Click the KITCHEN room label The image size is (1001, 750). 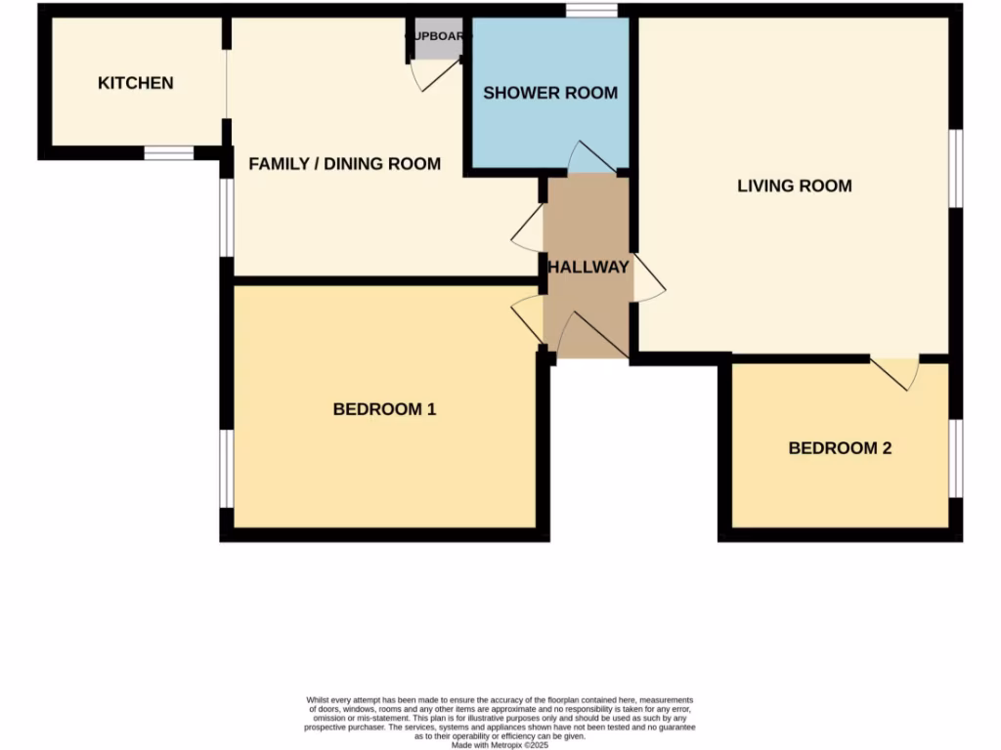coord(136,83)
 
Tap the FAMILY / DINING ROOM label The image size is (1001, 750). coord(344,163)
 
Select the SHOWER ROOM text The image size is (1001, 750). coord(550,93)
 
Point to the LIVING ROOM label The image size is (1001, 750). coord(794,186)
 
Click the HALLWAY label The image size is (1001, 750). coord(588,267)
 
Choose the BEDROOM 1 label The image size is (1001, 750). coord(384,409)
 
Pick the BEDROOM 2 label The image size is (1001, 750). coord(840,448)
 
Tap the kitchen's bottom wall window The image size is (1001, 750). coord(169,153)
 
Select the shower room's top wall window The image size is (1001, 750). coord(591,11)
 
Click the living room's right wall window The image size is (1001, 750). coord(956,168)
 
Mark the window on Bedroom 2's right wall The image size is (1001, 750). coord(956,458)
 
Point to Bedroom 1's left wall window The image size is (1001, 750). coord(226,469)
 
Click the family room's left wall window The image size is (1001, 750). coord(226,217)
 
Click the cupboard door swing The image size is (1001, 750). coord(432,74)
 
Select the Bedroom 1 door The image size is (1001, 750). coord(529,318)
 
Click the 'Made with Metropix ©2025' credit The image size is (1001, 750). coord(500,744)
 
